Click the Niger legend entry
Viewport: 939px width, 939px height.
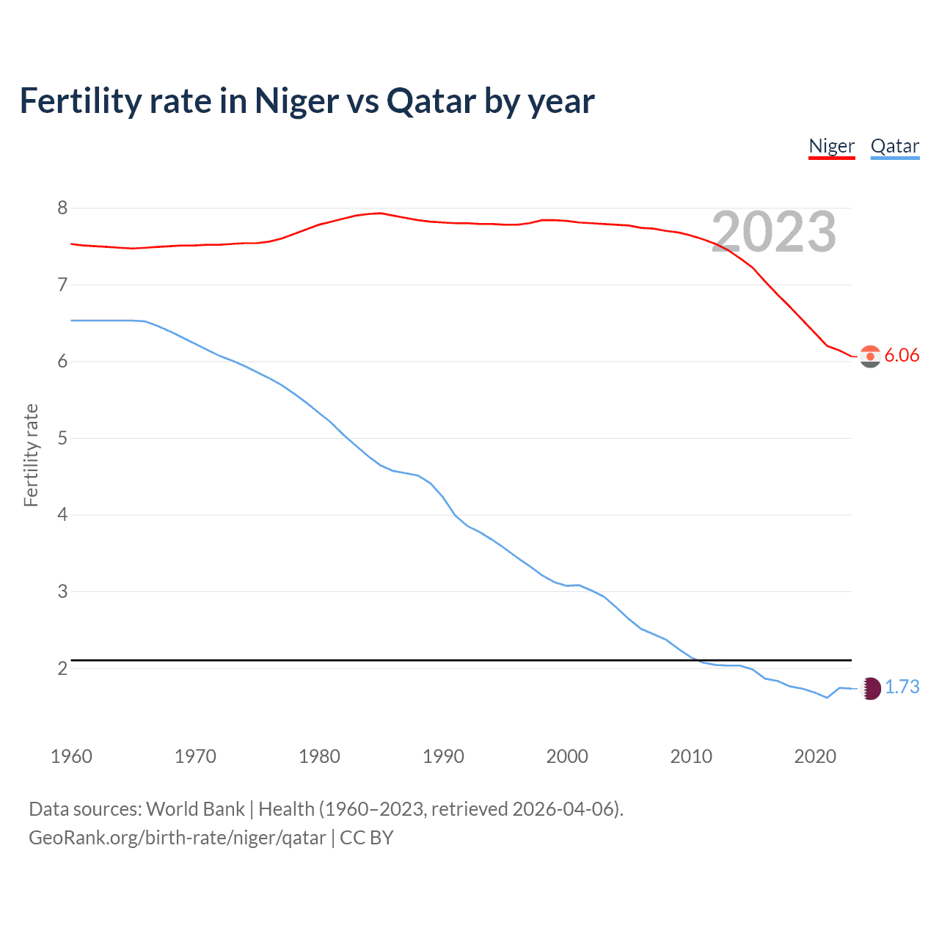831,146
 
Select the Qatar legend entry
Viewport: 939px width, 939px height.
894,146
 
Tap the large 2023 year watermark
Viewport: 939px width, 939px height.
774,232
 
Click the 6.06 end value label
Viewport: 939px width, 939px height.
902,356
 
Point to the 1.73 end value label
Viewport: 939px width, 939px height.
902,687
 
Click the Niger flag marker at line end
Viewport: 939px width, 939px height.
870,357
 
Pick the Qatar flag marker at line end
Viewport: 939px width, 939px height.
870,688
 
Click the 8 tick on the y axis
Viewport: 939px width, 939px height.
62,208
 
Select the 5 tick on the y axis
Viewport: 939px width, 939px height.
62,439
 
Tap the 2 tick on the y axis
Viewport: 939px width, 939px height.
62,668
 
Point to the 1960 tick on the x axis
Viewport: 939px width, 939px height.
71,756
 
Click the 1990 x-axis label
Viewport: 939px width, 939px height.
443,756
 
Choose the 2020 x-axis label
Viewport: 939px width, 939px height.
815,756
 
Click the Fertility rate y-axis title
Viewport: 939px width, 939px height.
31,455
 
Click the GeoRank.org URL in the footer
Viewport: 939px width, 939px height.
177,838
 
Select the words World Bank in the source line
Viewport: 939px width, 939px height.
195,809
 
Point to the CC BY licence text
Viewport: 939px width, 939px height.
367,838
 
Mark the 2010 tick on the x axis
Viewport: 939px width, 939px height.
691,756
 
